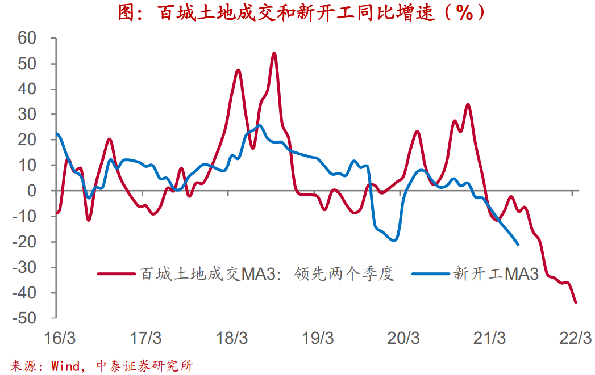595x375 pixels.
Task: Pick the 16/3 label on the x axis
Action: pyautogui.click(x=60, y=339)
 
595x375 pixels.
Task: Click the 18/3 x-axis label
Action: pyautogui.click(x=232, y=339)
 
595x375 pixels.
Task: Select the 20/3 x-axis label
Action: pyautogui.click(x=403, y=339)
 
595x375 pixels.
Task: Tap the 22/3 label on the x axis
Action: pyautogui.click(x=575, y=339)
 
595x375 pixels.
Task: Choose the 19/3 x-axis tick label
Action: pyautogui.click(x=318, y=339)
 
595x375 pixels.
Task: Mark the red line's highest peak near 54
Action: pyautogui.click(x=274, y=53)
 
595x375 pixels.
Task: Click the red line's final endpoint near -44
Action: pyautogui.click(x=576, y=302)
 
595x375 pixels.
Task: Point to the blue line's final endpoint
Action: pyautogui.click(x=518, y=245)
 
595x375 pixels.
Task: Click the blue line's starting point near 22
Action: pyautogui.click(x=56, y=134)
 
